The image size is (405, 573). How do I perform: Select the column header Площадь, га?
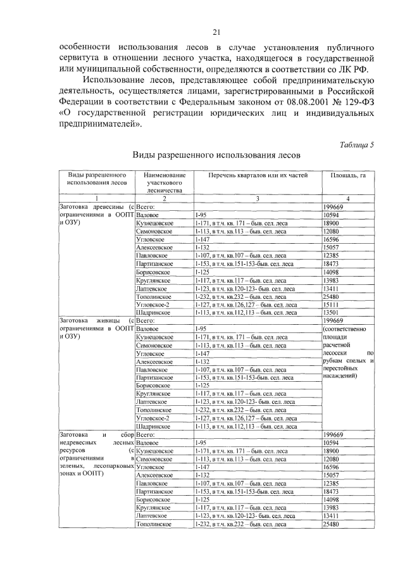click(x=348, y=175)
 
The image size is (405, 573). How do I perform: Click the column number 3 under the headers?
click(x=257, y=198)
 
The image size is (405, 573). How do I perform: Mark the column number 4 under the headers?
click(x=348, y=198)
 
